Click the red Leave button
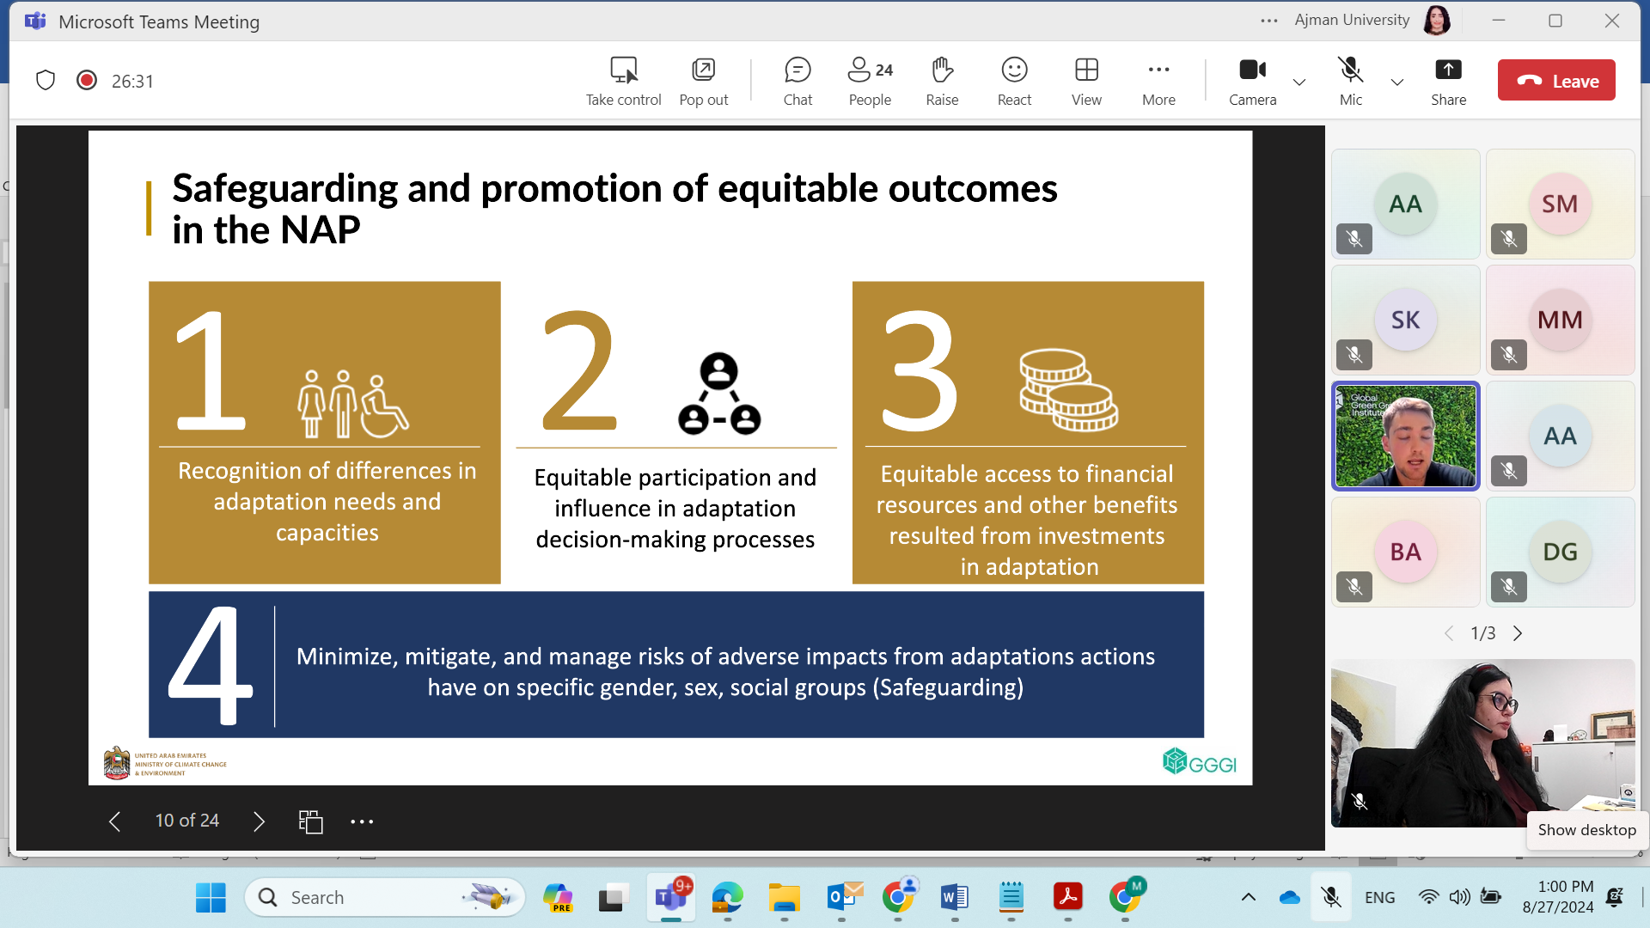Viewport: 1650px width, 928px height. [x=1556, y=81]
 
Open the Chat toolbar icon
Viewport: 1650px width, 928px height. [x=797, y=70]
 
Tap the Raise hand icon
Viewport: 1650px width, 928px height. [x=942, y=70]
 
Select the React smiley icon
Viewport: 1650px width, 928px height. [x=1014, y=70]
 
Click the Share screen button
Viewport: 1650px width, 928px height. [x=1448, y=70]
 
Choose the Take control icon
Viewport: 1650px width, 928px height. [x=624, y=70]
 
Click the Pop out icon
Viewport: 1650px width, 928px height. [x=704, y=70]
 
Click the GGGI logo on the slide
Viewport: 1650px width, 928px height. [x=1199, y=761]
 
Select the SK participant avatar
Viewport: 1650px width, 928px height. [x=1406, y=321]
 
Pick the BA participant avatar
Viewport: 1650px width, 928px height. [x=1406, y=553]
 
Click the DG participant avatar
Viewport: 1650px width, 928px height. [x=1561, y=553]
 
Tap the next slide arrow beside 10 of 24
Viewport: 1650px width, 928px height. [x=259, y=821]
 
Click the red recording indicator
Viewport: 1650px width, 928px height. [x=87, y=81]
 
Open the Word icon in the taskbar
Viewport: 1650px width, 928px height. [x=955, y=898]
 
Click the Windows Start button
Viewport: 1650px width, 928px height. [x=211, y=898]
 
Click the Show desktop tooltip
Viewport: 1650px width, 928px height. [x=1586, y=830]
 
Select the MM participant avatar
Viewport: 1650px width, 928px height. [x=1561, y=321]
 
